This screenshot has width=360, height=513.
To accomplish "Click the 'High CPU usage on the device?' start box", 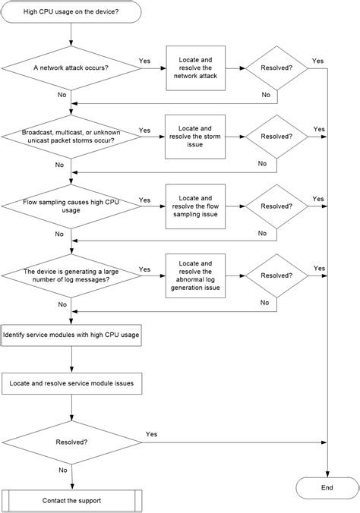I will (x=71, y=12).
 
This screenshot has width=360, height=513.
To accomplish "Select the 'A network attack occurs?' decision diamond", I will (x=71, y=68).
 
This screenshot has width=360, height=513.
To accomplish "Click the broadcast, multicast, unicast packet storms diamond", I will (x=71, y=137).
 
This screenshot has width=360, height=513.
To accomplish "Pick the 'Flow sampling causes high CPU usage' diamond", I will (x=71, y=206).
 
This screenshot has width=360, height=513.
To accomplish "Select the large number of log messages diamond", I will (x=71, y=275).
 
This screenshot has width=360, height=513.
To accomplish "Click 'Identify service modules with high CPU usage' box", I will (x=71, y=335).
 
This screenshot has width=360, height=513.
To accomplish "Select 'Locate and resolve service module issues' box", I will (x=71, y=384).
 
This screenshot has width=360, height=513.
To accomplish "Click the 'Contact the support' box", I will (x=71, y=501).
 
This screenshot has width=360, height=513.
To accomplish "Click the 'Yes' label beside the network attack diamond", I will (x=144, y=61).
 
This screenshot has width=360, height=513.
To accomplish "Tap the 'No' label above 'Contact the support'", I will (x=62, y=470).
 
